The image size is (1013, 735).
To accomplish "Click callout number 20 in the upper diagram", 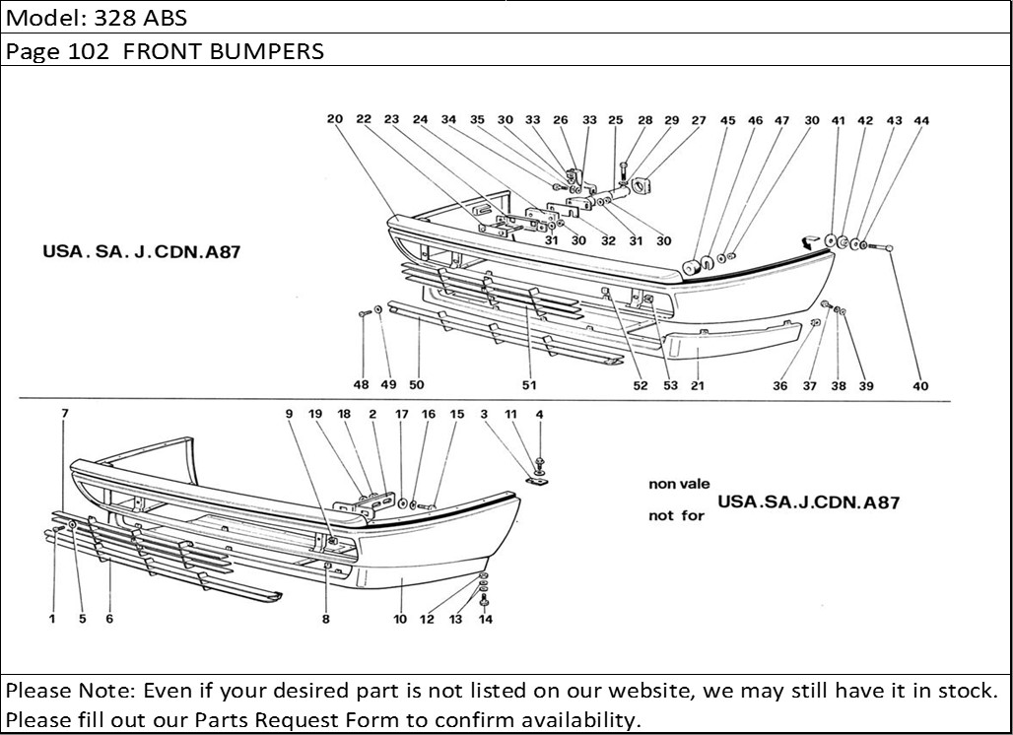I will coord(335,120).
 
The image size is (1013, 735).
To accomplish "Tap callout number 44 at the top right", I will coord(921,121).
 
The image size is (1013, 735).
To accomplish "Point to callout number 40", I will coord(920,386).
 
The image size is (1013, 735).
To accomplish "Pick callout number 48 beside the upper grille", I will coord(362,385).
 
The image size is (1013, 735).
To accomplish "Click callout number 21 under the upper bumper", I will coord(698,385).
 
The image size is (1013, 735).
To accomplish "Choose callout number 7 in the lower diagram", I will coord(65,414).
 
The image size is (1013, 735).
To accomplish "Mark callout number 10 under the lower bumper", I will coord(400,620).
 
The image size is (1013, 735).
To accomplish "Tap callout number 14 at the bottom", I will coord(485,620).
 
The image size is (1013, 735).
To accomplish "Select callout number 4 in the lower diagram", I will coord(539,415).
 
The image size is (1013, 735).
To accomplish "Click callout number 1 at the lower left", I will coord(51,620).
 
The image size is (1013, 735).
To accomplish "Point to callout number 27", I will coord(699,121).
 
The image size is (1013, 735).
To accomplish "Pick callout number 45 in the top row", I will coord(727,121).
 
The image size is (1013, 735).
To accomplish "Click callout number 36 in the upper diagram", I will coord(779,386).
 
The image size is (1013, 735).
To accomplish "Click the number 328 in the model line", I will coord(113,18).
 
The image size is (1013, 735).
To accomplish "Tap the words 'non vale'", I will coord(676,484).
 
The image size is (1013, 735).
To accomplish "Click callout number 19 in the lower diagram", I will coord(316,415).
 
